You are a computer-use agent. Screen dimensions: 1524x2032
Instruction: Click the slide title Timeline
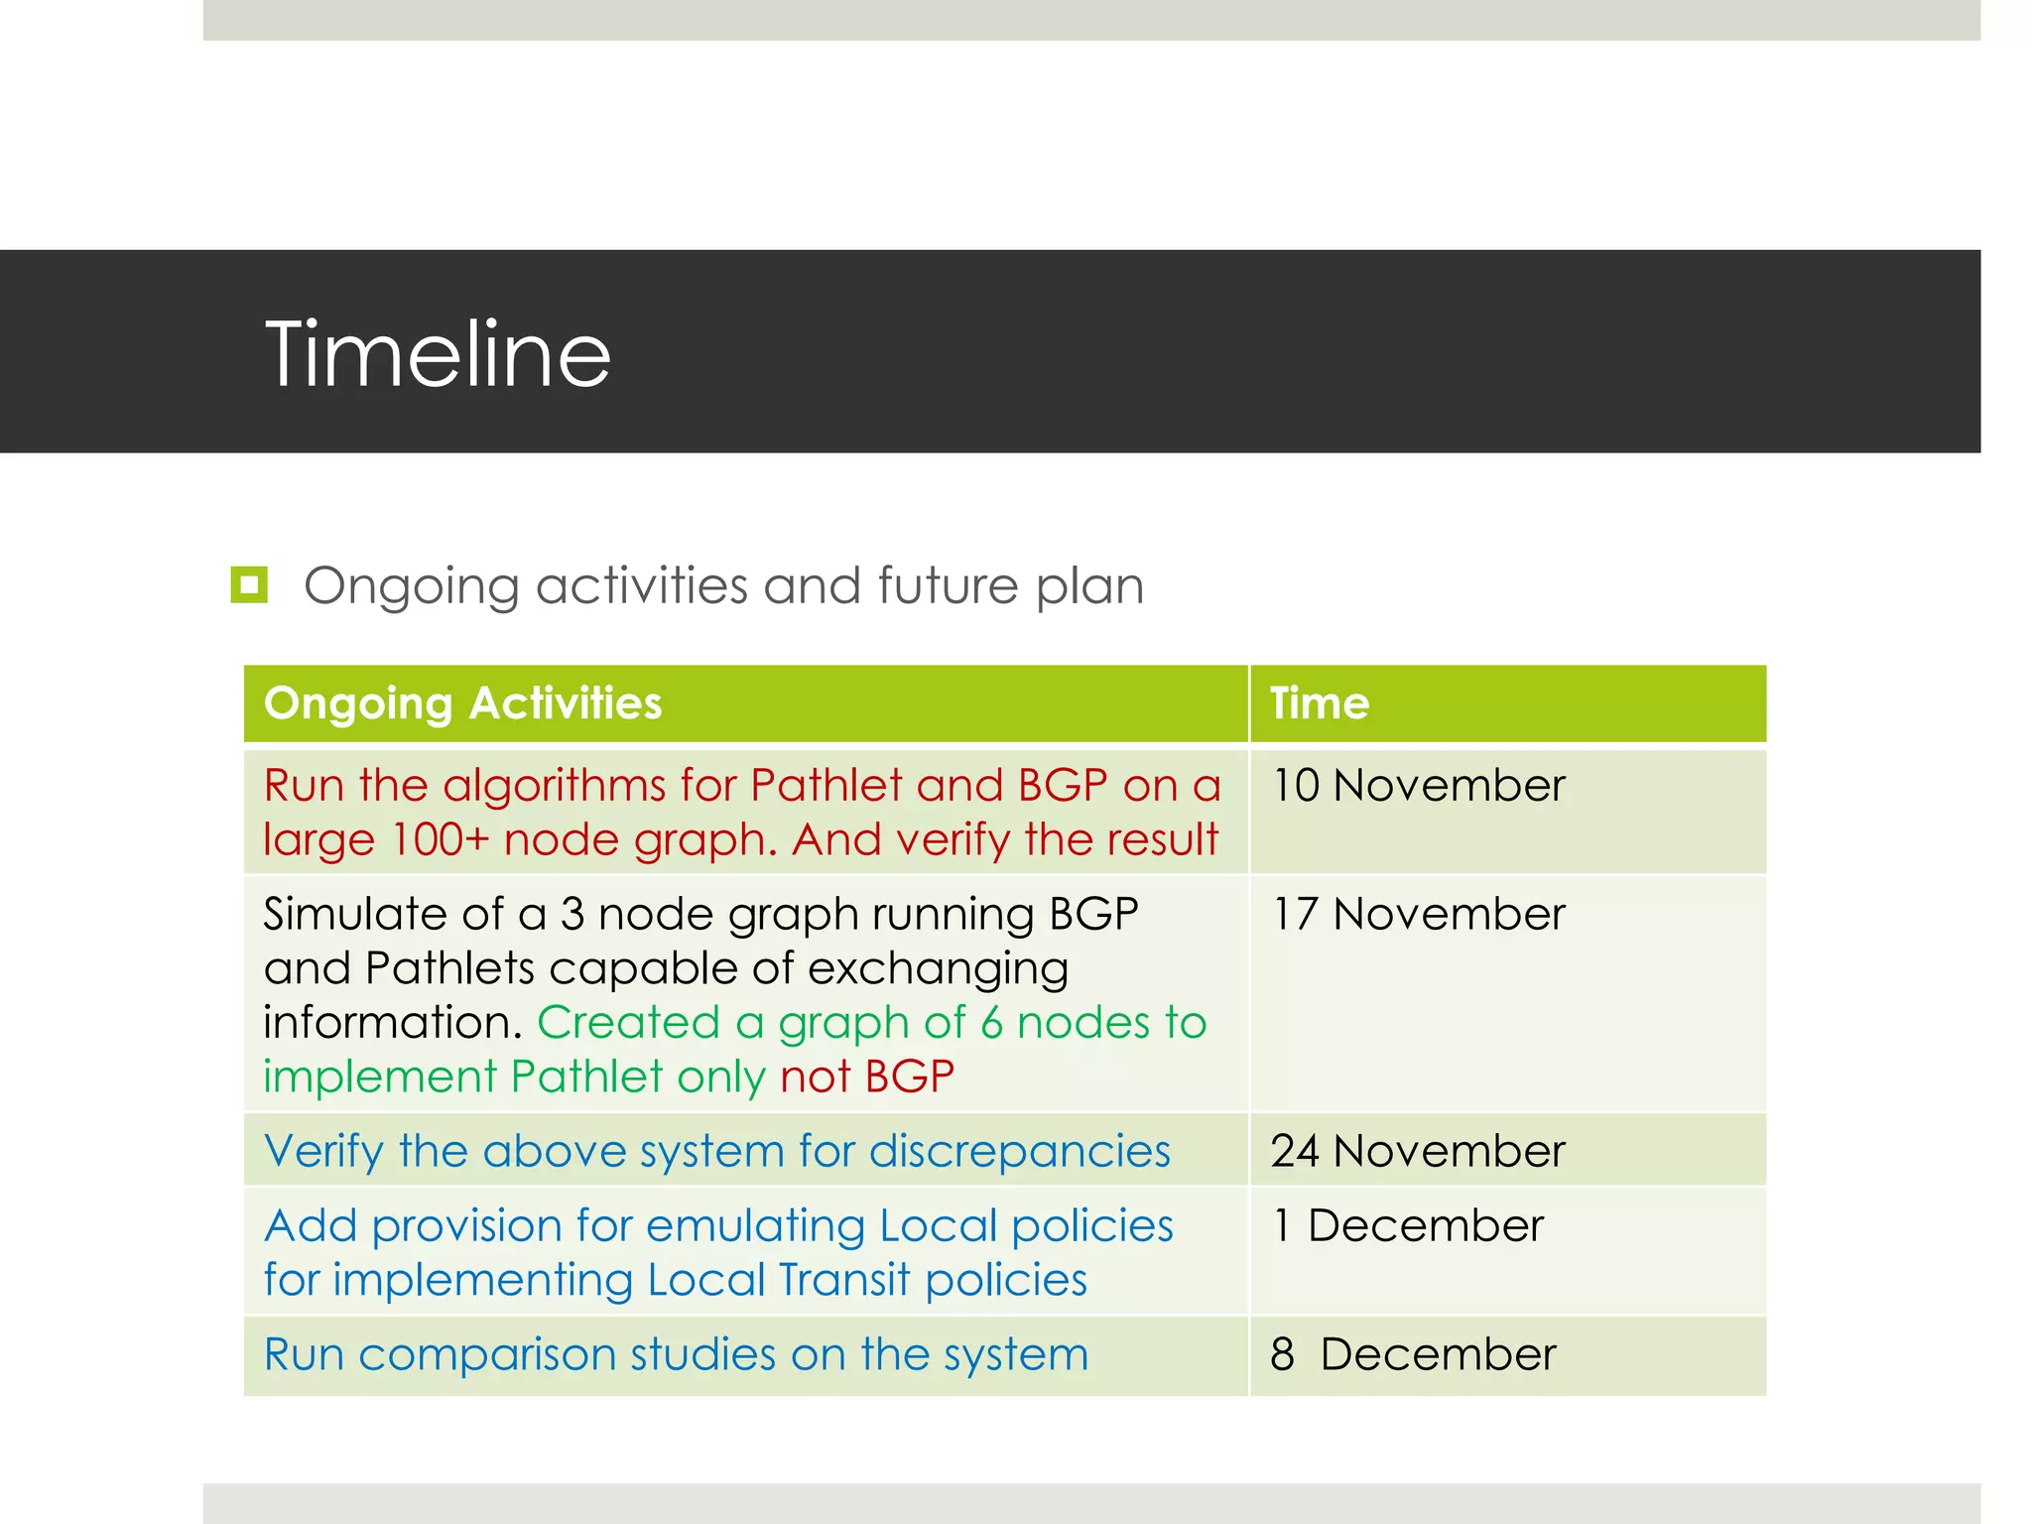point(438,354)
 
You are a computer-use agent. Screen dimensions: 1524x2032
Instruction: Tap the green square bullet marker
point(249,584)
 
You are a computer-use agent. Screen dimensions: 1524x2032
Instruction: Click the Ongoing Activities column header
point(462,703)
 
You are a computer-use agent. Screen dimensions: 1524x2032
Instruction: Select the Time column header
point(1320,703)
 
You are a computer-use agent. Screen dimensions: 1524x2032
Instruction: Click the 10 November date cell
point(1418,786)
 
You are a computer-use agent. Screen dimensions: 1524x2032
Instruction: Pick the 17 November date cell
point(1418,914)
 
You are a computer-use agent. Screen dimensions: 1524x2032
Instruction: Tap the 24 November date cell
point(1418,1151)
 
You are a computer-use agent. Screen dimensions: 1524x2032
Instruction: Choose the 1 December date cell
point(1408,1225)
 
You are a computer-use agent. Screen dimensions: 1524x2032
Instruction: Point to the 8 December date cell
point(1413,1354)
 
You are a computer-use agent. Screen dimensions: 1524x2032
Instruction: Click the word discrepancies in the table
point(1019,1152)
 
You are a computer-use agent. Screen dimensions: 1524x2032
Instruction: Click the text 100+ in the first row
point(441,840)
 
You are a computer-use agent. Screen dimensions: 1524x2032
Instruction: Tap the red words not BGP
point(867,1077)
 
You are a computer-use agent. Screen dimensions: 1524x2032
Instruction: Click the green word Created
point(628,1023)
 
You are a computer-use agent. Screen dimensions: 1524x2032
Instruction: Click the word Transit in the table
point(843,1280)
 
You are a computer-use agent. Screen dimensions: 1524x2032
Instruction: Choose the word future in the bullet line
point(947,585)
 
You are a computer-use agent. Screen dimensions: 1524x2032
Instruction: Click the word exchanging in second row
point(938,969)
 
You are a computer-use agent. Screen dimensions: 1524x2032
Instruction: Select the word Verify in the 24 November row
point(323,1152)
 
